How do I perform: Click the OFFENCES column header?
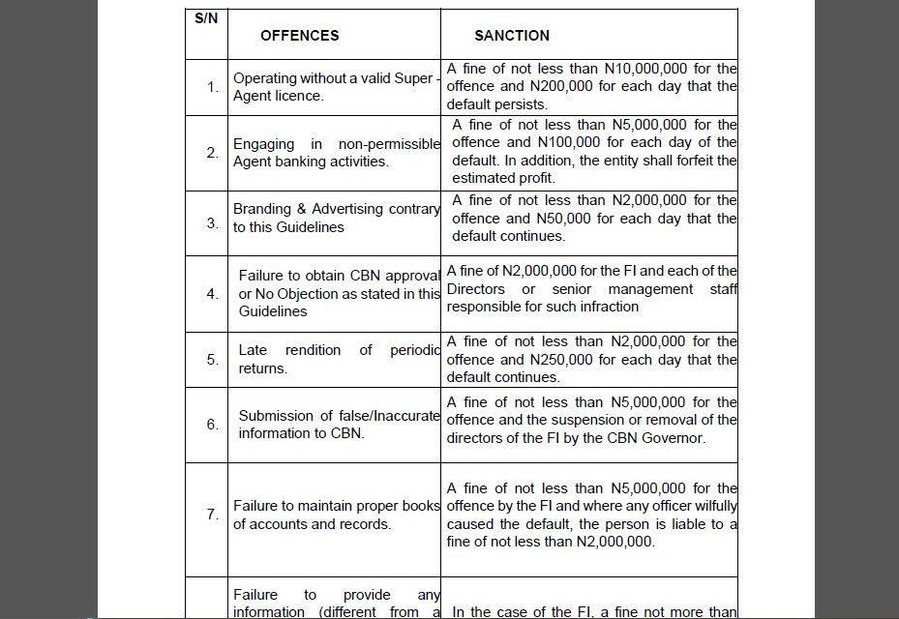(299, 36)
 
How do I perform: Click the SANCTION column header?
(511, 36)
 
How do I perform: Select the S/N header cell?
(205, 19)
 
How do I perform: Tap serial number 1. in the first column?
(213, 87)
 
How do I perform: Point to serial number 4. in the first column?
(213, 294)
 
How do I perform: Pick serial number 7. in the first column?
(213, 515)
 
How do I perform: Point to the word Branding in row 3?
(262, 209)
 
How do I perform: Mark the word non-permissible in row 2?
(389, 144)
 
